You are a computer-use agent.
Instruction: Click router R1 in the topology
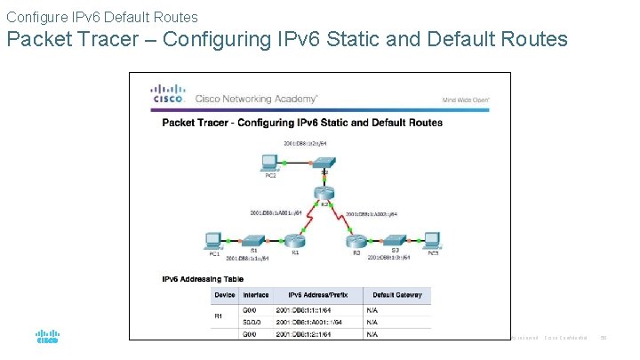click(295, 240)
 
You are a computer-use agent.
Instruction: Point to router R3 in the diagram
click(356, 240)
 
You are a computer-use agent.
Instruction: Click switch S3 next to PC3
click(395, 240)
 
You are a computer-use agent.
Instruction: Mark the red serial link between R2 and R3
click(341, 217)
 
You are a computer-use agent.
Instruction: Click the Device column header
click(226, 294)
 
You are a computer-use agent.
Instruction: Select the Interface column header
click(257, 294)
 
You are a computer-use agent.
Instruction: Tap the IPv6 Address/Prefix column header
click(318, 294)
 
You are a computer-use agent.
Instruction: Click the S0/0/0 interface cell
click(256, 321)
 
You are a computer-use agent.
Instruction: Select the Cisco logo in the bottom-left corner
click(47, 338)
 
